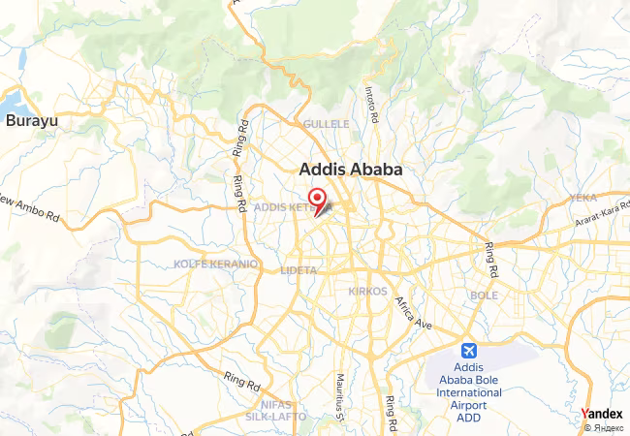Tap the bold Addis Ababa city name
349,169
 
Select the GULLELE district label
326,125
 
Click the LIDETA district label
298,270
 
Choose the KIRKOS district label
367,291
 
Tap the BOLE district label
484,295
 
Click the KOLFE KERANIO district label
215,264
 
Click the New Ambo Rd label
28,208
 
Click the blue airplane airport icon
470,349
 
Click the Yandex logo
602,414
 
